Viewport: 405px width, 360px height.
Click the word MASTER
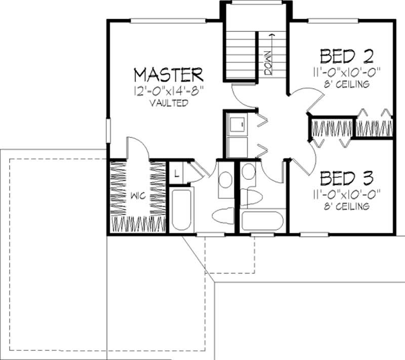click(169, 75)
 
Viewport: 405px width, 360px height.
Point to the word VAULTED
click(169, 103)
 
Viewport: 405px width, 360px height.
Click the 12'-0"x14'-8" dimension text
click(169, 91)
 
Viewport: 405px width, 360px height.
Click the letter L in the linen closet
click(176, 173)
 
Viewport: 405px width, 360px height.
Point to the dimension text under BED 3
click(347, 193)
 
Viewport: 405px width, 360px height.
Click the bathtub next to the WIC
click(181, 209)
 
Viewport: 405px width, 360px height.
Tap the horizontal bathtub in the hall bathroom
click(262, 221)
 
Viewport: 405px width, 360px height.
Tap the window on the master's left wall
click(108, 130)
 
